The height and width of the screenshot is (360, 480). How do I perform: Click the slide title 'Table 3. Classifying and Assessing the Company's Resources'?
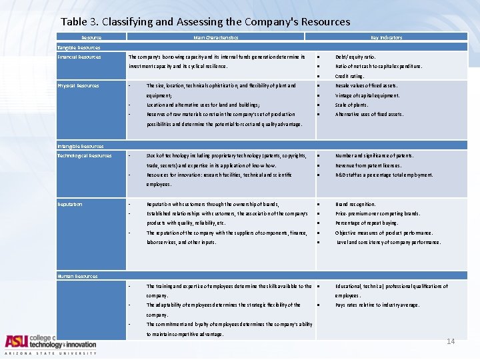205,22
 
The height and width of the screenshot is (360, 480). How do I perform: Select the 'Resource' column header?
91,38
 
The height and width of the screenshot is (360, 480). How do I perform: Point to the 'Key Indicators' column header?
387,38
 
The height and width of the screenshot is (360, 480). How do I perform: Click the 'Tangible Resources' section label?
79,47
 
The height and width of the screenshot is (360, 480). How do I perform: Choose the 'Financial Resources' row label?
79,57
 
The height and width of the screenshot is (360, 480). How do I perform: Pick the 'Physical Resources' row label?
78,86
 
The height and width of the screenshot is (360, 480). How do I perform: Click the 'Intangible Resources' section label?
81,146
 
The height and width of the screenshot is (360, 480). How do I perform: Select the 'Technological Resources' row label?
85,156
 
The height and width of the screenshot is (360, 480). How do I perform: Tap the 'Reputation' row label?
70,205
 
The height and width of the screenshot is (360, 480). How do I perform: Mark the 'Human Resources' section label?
77,276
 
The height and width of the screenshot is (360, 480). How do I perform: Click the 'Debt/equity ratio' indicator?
355,57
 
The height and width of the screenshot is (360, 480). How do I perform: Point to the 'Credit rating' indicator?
350,77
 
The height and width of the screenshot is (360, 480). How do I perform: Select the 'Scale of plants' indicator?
351,105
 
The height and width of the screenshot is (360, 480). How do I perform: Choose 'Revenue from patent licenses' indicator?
369,165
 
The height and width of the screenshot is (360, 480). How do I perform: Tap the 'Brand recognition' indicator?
356,205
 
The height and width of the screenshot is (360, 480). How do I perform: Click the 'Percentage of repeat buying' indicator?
367,223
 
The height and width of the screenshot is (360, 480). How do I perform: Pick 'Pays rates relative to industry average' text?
377,305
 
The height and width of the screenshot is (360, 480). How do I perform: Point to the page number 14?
451,341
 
